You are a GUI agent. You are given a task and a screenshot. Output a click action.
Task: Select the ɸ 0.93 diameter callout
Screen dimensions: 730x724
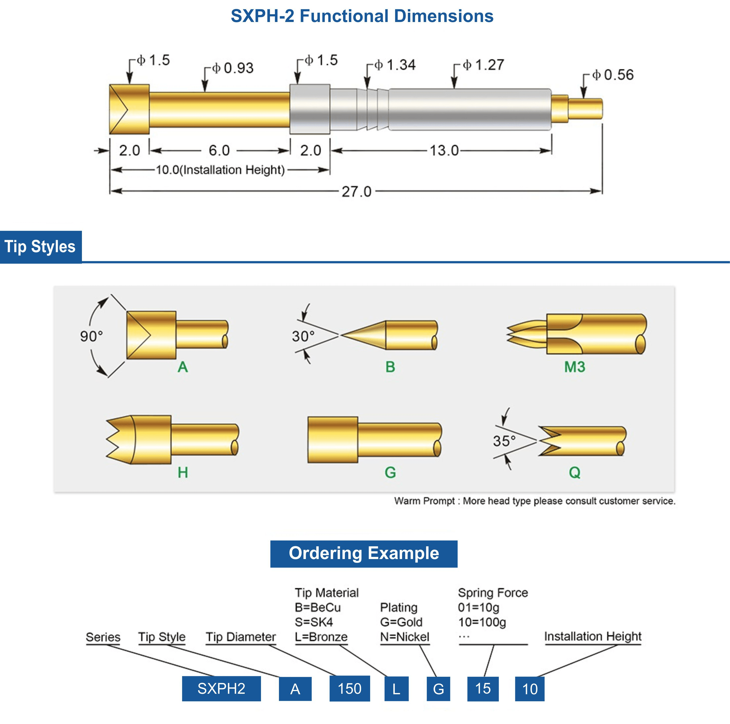pos(232,68)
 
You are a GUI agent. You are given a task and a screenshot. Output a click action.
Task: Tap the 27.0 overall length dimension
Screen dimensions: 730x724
pos(356,192)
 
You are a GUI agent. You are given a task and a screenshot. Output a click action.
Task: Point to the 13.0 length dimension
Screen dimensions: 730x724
pos(444,150)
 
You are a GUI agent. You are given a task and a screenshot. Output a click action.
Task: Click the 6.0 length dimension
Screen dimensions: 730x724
pos(219,150)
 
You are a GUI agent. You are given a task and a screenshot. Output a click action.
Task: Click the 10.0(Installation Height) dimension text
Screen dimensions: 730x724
pos(220,170)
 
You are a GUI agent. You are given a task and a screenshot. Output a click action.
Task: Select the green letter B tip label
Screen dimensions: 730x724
pos(390,367)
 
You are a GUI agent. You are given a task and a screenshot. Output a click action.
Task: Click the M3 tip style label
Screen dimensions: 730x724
pos(574,367)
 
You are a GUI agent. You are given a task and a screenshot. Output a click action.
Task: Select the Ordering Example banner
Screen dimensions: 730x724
pos(364,554)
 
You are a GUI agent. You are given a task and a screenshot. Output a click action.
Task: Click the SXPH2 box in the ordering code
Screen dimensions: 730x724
pos(222,689)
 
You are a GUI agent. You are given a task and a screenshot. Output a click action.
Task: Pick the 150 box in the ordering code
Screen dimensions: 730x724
pos(349,689)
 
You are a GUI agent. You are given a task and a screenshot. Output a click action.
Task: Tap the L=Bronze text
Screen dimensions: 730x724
pos(321,637)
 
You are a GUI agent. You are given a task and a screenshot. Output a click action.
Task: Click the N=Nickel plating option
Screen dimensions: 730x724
pos(405,637)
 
